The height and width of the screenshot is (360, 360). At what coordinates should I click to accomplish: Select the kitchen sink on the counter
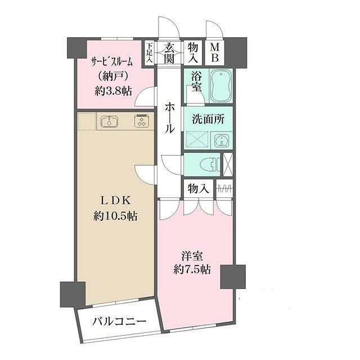(x=109, y=121)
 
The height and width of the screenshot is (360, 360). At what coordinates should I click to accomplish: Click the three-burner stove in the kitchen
(x=140, y=121)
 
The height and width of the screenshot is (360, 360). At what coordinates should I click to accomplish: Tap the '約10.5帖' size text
(x=116, y=215)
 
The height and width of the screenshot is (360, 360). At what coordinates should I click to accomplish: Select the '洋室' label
(x=192, y=255)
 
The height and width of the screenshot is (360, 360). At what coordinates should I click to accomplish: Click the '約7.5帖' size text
(x=192, y=269)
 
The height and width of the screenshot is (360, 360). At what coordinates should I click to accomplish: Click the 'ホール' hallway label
(x=169, y=117)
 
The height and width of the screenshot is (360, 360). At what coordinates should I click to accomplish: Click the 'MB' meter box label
(x=215, y=53)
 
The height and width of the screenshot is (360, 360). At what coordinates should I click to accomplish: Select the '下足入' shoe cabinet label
(x=150, y=53)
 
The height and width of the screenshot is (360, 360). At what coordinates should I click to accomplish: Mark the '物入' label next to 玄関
(x=193, y=53)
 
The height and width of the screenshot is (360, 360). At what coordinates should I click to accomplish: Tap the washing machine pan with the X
(x=197, y=139)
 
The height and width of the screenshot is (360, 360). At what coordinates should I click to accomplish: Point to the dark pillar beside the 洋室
(x=232, y=276)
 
